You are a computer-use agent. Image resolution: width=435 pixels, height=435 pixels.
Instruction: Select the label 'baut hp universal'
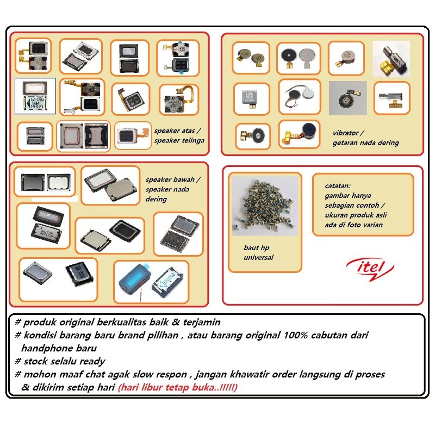pos(258,253)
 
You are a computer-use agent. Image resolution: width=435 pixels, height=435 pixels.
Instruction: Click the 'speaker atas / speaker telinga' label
pos(179,135)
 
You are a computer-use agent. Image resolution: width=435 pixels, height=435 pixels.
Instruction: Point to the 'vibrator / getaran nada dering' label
pos(365,138)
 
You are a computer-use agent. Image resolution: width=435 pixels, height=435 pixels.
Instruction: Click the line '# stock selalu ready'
pos(60,361)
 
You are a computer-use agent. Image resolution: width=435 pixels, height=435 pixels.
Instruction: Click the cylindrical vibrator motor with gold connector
pos(390,58)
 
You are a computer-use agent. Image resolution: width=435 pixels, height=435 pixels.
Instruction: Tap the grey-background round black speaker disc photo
pos(347,98)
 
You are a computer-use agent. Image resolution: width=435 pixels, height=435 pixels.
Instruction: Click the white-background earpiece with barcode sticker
pos(35,96)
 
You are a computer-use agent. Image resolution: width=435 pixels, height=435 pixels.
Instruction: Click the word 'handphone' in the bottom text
pos(49,348)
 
